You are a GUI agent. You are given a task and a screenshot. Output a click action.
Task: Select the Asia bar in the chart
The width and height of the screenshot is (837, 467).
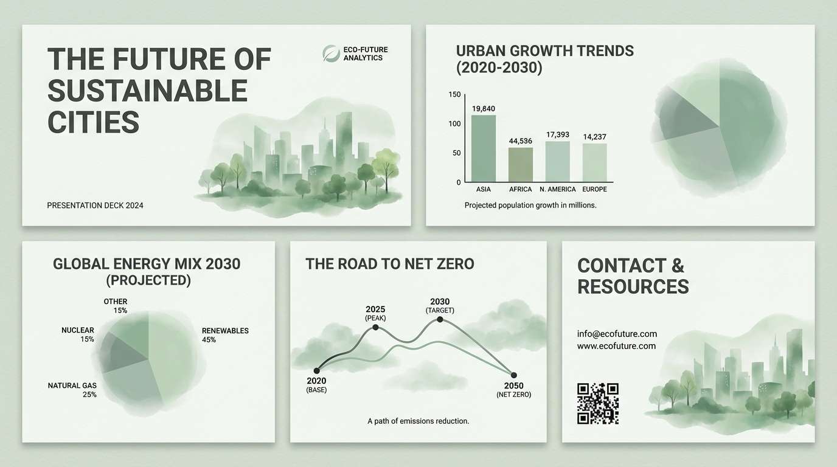click(x=484, y=148)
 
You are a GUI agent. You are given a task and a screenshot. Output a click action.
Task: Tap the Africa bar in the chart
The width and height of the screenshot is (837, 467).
click(x=521, y=165)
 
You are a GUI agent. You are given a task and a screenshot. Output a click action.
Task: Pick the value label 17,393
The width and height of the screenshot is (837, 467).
click(x=558, y=134)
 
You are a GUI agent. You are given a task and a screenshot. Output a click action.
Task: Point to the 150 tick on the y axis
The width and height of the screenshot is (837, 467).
click(x=454, y=94)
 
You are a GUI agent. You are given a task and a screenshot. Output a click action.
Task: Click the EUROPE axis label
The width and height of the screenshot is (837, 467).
click(x=594, y=190)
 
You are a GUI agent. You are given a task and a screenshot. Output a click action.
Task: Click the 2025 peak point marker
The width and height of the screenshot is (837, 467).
click(x=375, y=327)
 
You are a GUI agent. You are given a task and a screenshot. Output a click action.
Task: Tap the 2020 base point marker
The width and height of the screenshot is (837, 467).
click(x=316, y=370)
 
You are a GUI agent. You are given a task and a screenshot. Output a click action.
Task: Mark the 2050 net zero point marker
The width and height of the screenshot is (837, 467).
click(x=513, y=375)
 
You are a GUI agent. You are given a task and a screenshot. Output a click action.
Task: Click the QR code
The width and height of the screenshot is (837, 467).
click(x=598, y=403)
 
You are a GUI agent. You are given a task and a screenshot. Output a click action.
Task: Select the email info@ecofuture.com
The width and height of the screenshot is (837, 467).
click(x=617, y=334)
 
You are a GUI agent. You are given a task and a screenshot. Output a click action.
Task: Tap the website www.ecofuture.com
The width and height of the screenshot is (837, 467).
click(x=616, y=346)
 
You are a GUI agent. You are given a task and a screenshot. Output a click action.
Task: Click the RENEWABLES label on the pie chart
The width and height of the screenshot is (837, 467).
click(x=225, y=331)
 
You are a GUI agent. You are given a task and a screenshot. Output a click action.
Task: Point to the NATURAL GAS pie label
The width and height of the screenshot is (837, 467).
click(x=72, y=386)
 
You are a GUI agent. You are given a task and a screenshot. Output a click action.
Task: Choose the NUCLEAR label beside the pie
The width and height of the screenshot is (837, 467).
click(x=78, y=330)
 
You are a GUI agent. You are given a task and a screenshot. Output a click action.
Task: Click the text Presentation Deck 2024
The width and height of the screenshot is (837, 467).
click(x=95, y=206)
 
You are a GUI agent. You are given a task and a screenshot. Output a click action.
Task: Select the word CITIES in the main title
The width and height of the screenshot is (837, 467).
click(x=93, y=122)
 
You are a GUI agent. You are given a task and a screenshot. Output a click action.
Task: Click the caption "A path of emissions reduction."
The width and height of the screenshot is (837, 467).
click(x=418, y=421)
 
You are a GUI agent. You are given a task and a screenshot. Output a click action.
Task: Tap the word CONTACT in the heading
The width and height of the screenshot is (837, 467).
click(x=622, y=266)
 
